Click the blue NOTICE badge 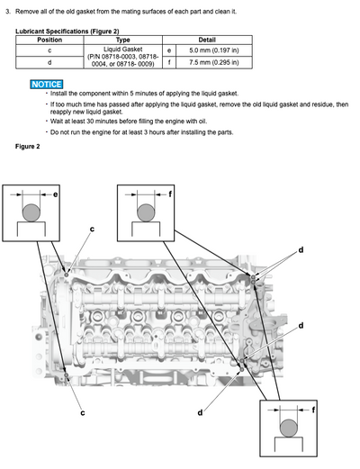[x=47, y=85]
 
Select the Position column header [x=49, y=40]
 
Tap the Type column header [x=123, y=40]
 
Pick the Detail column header [x=207, y=40]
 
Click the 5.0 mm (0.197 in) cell [x=214, y=50]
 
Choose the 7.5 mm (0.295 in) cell [x=214, y=62]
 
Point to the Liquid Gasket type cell [x=123, y=57]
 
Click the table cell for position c [x=49, y=50]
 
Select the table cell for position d [x=49, y=62]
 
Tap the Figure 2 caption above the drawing [x=28, y=147]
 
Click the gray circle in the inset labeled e [x=31, y=212]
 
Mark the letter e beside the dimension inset [x=55, y=194]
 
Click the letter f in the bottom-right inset [x=313, y=410]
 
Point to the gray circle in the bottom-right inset [x=289, y=428]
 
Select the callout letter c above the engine [x=92, y=229]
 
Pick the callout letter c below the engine [x=83, y=413]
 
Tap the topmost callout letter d [x=301, y=249]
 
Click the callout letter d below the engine [x=200, y=413]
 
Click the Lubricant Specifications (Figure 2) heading [x=67, y=32]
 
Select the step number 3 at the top [x=8, y=12]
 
